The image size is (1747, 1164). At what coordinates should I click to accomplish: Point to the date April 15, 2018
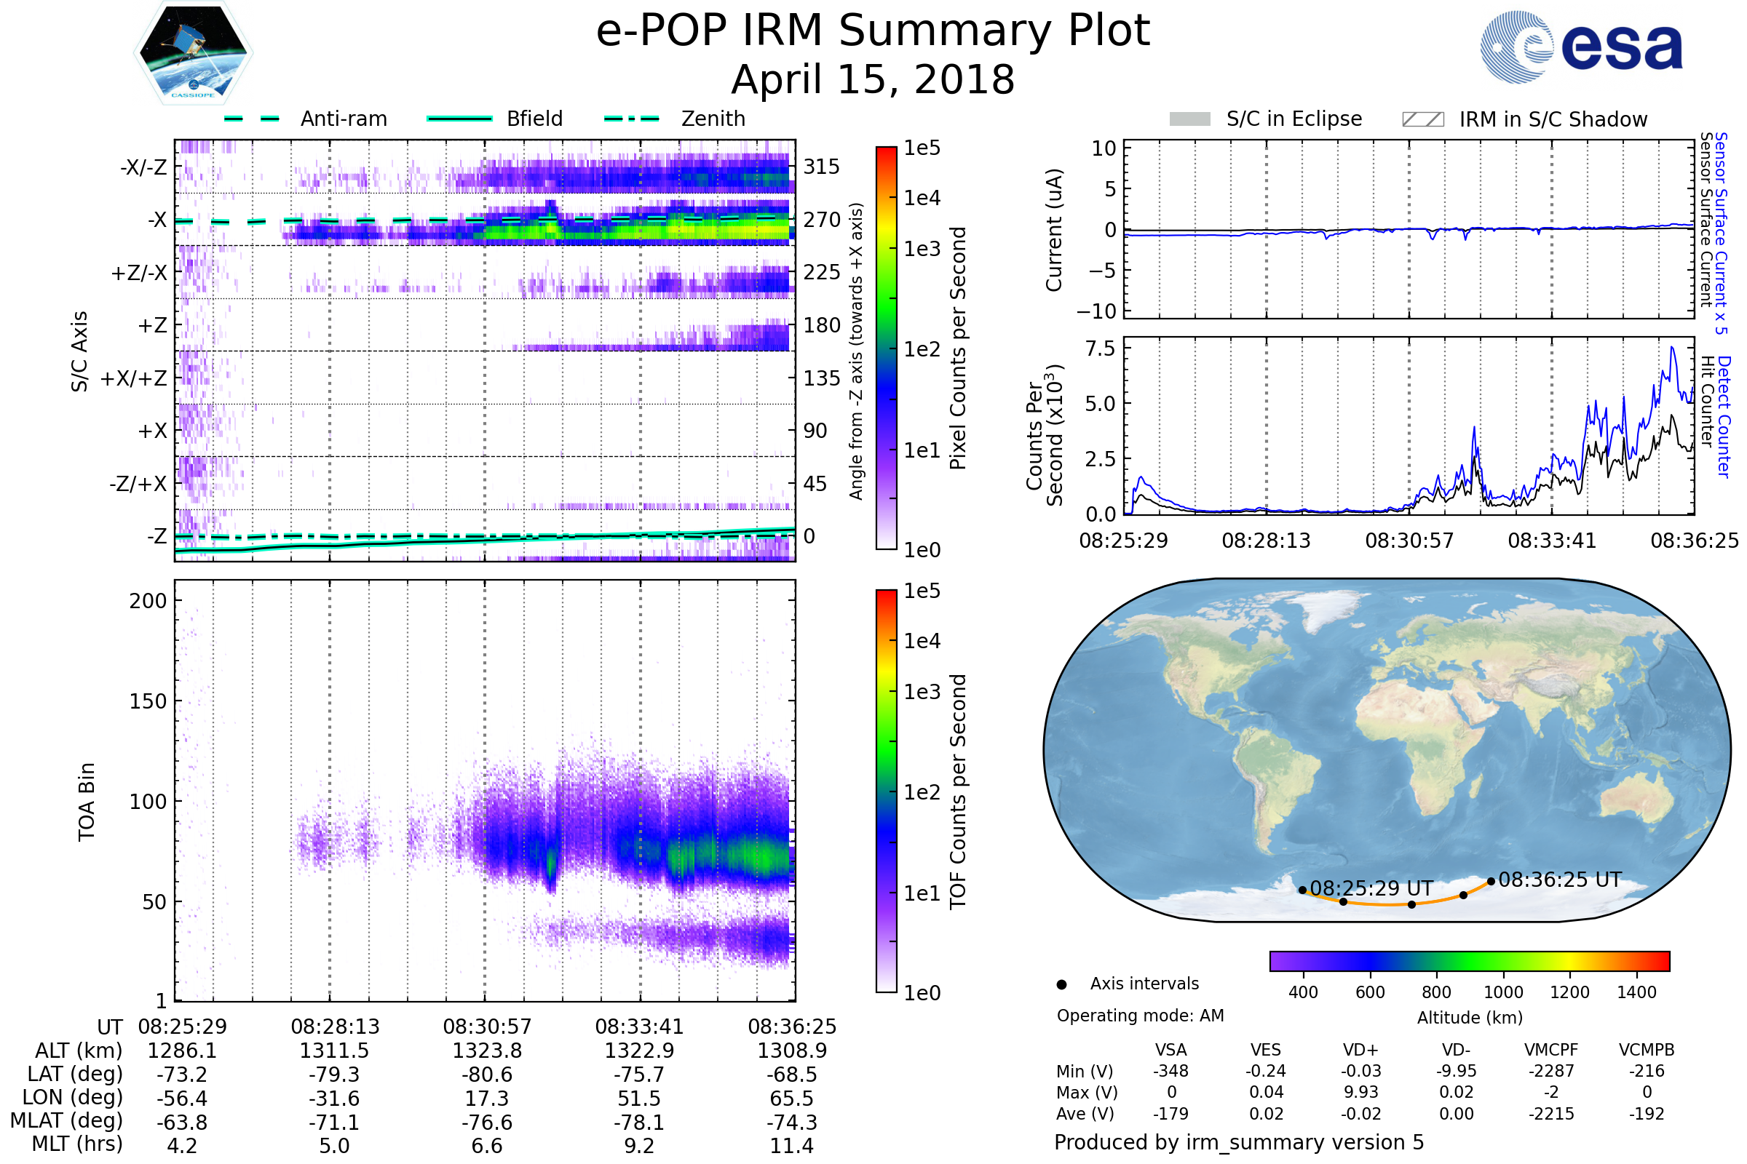[873, 79]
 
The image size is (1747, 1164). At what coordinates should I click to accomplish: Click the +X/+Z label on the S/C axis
[134, 378]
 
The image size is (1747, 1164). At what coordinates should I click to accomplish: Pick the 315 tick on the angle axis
[822, 167]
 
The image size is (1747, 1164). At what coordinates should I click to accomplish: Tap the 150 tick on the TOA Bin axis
[148, 701]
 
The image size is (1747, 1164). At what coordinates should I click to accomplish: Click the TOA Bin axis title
[86, 802]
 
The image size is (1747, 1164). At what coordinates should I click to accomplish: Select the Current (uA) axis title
[1054, 230]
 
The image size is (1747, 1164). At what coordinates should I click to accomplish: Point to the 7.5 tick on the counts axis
[1100, 348]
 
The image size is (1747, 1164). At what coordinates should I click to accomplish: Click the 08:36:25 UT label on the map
[1559, 880]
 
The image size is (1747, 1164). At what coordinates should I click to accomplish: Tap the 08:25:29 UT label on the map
[1371, 888]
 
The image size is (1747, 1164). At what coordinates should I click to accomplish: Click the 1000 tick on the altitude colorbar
[1502, 992]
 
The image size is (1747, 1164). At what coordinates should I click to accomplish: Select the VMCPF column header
[1551, 1050]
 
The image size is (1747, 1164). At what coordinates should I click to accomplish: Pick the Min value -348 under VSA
[1170, 1071]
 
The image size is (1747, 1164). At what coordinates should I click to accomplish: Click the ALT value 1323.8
[487, 1051]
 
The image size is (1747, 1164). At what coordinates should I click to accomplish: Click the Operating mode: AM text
[1140, 1016]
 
